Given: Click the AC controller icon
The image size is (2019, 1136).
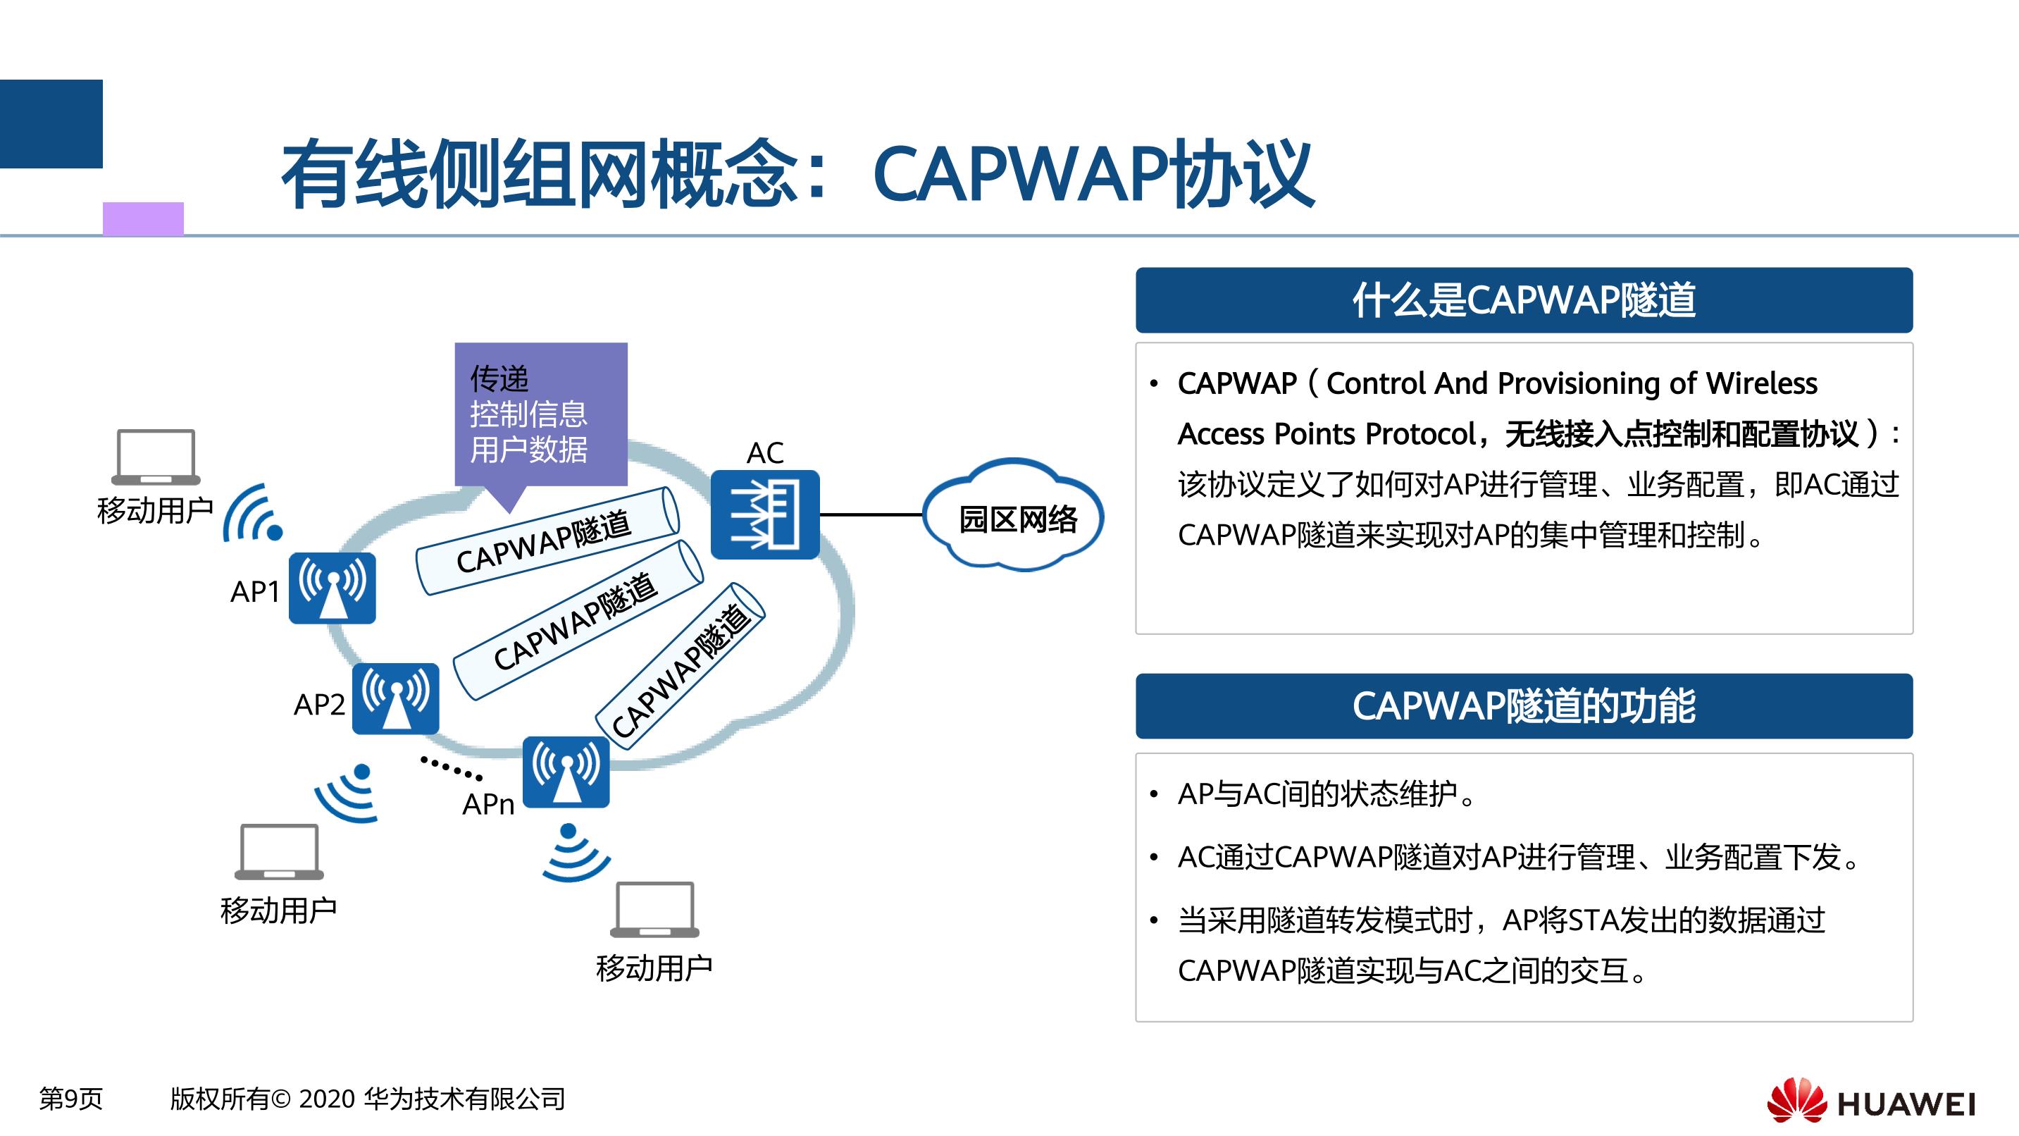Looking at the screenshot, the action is pyautogui.click(x=765, y=514).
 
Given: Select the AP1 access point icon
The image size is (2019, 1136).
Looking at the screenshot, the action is pyautogui.click(x=333, y=588).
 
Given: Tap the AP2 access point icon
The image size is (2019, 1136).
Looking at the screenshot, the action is pyautogui.click(x=395, y=698).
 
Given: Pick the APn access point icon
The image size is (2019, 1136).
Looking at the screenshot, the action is pyautogui.click(x=566, y=772).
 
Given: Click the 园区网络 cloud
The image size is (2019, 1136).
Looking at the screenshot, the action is pyautogui.click(x=1014, y=515).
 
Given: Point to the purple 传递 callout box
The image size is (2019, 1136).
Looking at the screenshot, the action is pyautogui.click(x=541, y=415).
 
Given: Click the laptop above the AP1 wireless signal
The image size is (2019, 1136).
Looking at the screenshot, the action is pyautogui.click(x=156, y=457).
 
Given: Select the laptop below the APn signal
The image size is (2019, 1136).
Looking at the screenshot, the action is pyautogui.click(x=654, y=909).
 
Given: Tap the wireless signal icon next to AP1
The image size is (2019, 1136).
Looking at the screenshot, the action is pyautogui.click(x=252, y=514).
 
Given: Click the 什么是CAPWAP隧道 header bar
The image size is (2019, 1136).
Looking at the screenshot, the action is pyautogui.click(x=1524, y=300).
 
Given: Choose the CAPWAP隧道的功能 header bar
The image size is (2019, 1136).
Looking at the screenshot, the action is pyautogui.click(x=1524, y=705).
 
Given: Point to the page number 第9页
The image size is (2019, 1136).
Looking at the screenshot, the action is pyautogui.click(x=70, y=1099).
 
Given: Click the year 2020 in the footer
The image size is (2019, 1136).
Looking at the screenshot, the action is pyautogui.click(x=328, y=1099).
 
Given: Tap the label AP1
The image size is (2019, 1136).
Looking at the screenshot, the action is pyautogui.click(x=255, y=591).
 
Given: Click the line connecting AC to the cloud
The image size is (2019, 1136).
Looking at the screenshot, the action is pyautogui.click(x=871, y=515).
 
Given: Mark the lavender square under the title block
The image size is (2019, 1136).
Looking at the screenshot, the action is pyautogui.click(x=144, y=218).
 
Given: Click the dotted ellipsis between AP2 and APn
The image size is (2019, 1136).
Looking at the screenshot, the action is pyautogui.click(x=452, y=768).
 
